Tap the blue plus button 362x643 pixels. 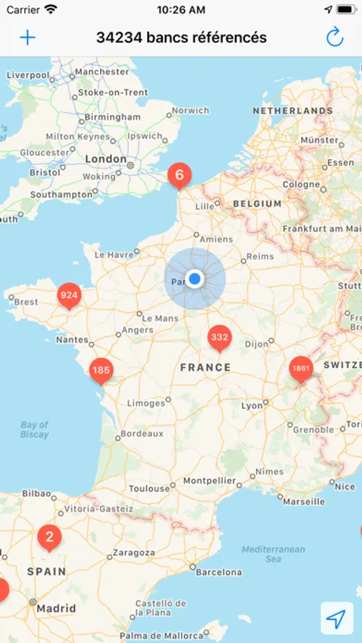[x=27, y=37]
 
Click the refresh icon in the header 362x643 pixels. [x=335, y=37]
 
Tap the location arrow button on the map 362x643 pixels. [x=337, y=618]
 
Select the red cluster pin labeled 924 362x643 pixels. [x=69, y=295]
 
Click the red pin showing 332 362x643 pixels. [x=219, y=337]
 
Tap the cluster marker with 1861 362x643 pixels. [x=301, y=369]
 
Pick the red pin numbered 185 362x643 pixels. [x=101, y=370]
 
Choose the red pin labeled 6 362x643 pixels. [x=179, y=175]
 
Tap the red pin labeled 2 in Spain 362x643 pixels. [x=49, y=537]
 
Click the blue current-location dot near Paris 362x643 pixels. [x=194, y=279]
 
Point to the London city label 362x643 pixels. [x=105, y=159]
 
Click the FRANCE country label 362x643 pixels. [x=206, y=367]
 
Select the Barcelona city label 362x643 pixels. [x=218, y=572]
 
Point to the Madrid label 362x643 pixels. [x=56, y=609]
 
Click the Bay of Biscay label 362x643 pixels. [x=34, y=429]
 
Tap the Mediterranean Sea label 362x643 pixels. [x=273, y=554]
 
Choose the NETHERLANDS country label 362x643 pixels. [x=293, y=111]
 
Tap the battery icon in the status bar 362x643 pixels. [x=346, y=10]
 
